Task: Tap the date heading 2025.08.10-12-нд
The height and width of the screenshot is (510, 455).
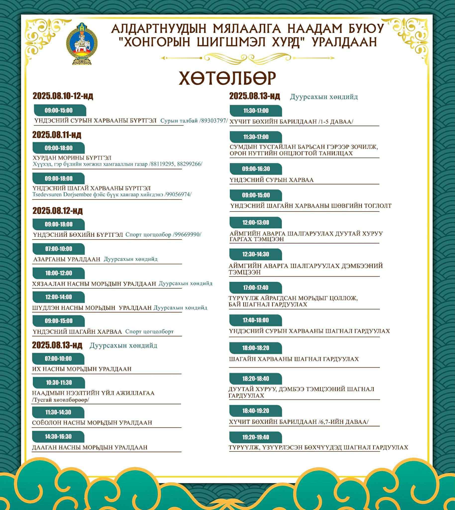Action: pyautogui.click(x=63, y=96)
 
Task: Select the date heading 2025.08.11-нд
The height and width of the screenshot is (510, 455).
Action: pyautogui.click(x=57, y=135)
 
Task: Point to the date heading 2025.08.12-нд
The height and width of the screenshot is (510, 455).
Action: pyautogui.click(x=57, y=211)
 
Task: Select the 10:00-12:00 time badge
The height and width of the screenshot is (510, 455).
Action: pyautogui.click(x=58, y=273)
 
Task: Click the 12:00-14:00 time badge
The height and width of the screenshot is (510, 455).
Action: pyautogui.click(x=58, y=297)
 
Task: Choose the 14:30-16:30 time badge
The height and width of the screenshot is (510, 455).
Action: pyautogui.click(x=58, y=437)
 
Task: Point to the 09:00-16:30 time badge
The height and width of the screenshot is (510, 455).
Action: pyautogui.click(x=256, y=169)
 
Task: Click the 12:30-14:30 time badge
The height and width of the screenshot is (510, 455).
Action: pyautogui.click(x=255, y=255)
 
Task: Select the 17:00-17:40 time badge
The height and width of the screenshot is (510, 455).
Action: pyautogui.click(x=255, y=288)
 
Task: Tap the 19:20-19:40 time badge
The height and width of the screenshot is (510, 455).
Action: pyautogui.click(x=255, y=437)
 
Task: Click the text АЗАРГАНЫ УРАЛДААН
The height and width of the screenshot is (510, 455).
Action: pyautogui.click(x=67, y=259)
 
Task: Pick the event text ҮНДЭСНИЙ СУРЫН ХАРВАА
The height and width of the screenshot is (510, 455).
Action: pyautogui.click(x=271, y=180)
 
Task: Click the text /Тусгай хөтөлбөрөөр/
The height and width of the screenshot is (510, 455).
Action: pyautogui.click(x=61, y=400)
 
